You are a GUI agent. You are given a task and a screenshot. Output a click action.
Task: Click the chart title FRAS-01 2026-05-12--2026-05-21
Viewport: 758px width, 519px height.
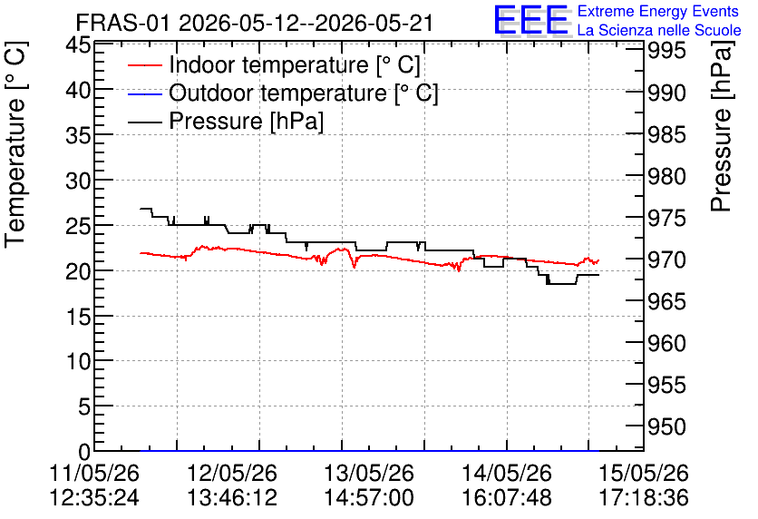pos(254,24)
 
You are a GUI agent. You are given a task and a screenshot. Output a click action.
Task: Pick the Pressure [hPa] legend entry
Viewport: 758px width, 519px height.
pos(246,121)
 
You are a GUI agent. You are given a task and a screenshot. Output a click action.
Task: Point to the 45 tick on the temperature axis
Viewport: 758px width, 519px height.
pos(78,45)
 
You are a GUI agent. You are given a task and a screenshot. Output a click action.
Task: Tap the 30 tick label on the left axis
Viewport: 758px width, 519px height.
pos(78,181)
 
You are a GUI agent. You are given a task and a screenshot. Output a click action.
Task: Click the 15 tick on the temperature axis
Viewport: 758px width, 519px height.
pos(78,317)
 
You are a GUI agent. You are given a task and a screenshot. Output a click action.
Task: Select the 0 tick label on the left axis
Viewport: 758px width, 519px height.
pos(84,452)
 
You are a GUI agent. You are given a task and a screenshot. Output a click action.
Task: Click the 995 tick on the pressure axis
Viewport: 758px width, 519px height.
pos(666,50)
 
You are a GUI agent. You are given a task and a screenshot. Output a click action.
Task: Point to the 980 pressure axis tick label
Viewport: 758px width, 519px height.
pos(666,176)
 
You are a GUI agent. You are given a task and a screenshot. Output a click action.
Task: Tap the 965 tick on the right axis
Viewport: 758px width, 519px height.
pos(666,302)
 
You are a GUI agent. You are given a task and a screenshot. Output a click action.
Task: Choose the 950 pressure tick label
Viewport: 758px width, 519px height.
pos(666,427)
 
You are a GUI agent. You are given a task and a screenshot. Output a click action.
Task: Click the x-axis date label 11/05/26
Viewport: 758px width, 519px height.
pos(94,473)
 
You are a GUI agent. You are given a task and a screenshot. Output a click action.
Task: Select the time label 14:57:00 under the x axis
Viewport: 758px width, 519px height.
pos(369,498)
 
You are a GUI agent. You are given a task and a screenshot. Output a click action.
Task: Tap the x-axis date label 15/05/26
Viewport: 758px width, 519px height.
pos(644,473)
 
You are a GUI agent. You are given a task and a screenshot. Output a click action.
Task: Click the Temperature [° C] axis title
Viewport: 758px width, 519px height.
pos(15,145)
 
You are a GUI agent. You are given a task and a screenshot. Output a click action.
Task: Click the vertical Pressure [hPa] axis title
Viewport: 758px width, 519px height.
pos(721,126)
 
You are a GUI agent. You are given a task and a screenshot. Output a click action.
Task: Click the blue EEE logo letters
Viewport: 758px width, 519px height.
pos(531,20)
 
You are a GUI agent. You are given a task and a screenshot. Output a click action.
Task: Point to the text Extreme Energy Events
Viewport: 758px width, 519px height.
pos(658,11)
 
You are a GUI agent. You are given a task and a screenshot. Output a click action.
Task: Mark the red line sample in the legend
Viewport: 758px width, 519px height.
pos(144,65)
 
